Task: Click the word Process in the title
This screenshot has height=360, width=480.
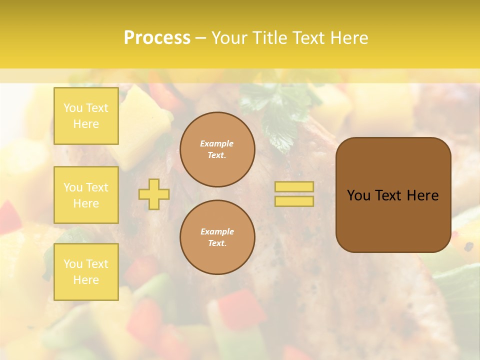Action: pyautogui.click(x=157, y=38)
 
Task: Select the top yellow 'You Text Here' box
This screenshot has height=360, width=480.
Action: pyautogui.click(x=86, y=116)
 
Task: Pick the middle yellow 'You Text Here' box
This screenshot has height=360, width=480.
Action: pyautogui.click(x=86, y=195)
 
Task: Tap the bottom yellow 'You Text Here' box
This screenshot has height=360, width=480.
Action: pyautogui.click(x=86, y=272)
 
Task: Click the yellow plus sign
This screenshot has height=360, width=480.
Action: pyautogui.click(x=154, y=194)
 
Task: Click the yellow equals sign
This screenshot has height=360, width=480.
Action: pyautogui.click(x=294, y=194)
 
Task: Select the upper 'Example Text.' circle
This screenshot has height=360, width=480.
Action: pyautogui.click(x=217, y=149)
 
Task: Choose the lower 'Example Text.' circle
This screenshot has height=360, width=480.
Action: pyautogui.click(x=217, y=237)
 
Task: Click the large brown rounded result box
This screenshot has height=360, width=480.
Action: pyautogui.click(x=393, y=195)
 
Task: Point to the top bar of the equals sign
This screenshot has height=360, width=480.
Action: pyautogui.click(x=294, y=187)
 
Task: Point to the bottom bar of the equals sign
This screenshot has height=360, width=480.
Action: pyautogui.click(x=294, y=201)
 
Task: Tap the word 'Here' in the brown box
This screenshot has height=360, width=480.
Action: pyautogui.click(x=422, y=195)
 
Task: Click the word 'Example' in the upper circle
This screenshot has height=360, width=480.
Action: pyautogui.click(x=217, y=143)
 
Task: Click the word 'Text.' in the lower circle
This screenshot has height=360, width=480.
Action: pyautogui.click(x=217, y=243)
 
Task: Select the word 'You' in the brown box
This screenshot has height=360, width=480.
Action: pyautogui.click(x=359, y=195)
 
